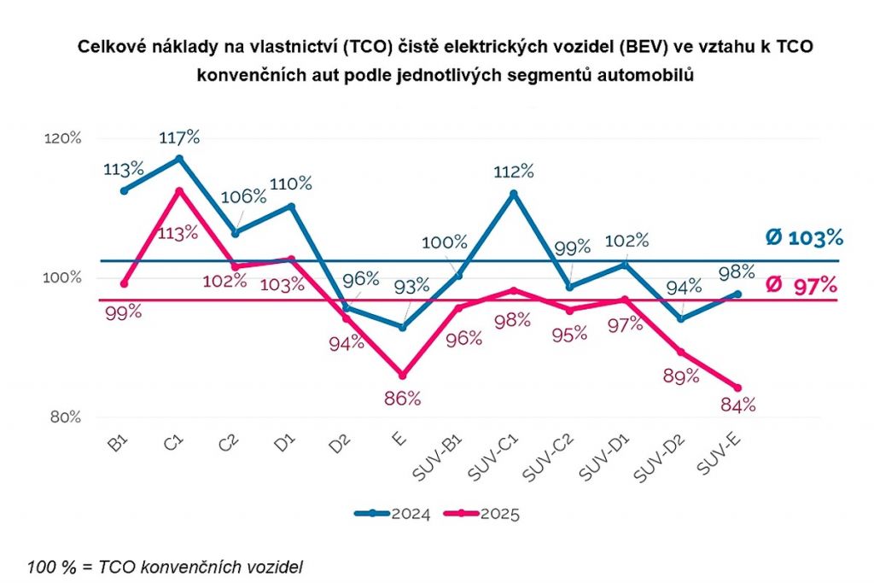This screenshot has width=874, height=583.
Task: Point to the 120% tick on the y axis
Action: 64,138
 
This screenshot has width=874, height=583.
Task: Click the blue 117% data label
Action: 180,137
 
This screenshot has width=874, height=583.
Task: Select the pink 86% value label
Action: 402,398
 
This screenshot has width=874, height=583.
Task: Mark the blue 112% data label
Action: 515,171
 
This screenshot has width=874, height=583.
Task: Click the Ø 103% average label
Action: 804,237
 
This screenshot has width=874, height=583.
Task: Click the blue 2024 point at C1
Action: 179,159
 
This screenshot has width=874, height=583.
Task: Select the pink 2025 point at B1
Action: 124,283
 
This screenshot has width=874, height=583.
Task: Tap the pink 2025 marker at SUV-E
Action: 737,388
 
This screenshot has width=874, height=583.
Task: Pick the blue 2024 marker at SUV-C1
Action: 514,194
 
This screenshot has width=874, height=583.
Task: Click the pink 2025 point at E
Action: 402,376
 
